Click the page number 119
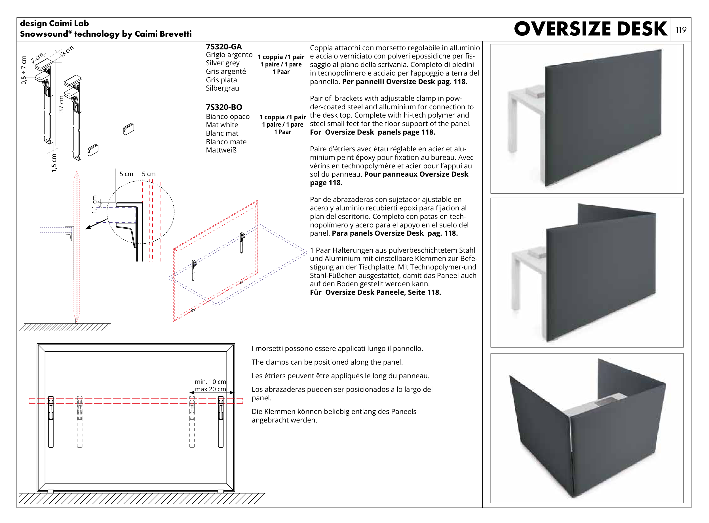click(x=681, y=30)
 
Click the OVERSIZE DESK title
click(x=590, y=29)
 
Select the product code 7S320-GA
click(x=223, y=47)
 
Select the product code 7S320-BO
click(x=223, y=107)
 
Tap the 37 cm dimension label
click(x=61, y=104)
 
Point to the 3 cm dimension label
click(x=67, y=51)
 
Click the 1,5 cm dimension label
click(x=54, y=163)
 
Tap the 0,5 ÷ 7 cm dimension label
click(x=24, y=70)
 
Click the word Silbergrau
click(x=222, y=88)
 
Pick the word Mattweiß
click(x=221, y=150)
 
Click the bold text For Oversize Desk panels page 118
click(x=372, y=132)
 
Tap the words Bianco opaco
click(x=227, y=116)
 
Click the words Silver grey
click(x=222, y=63)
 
